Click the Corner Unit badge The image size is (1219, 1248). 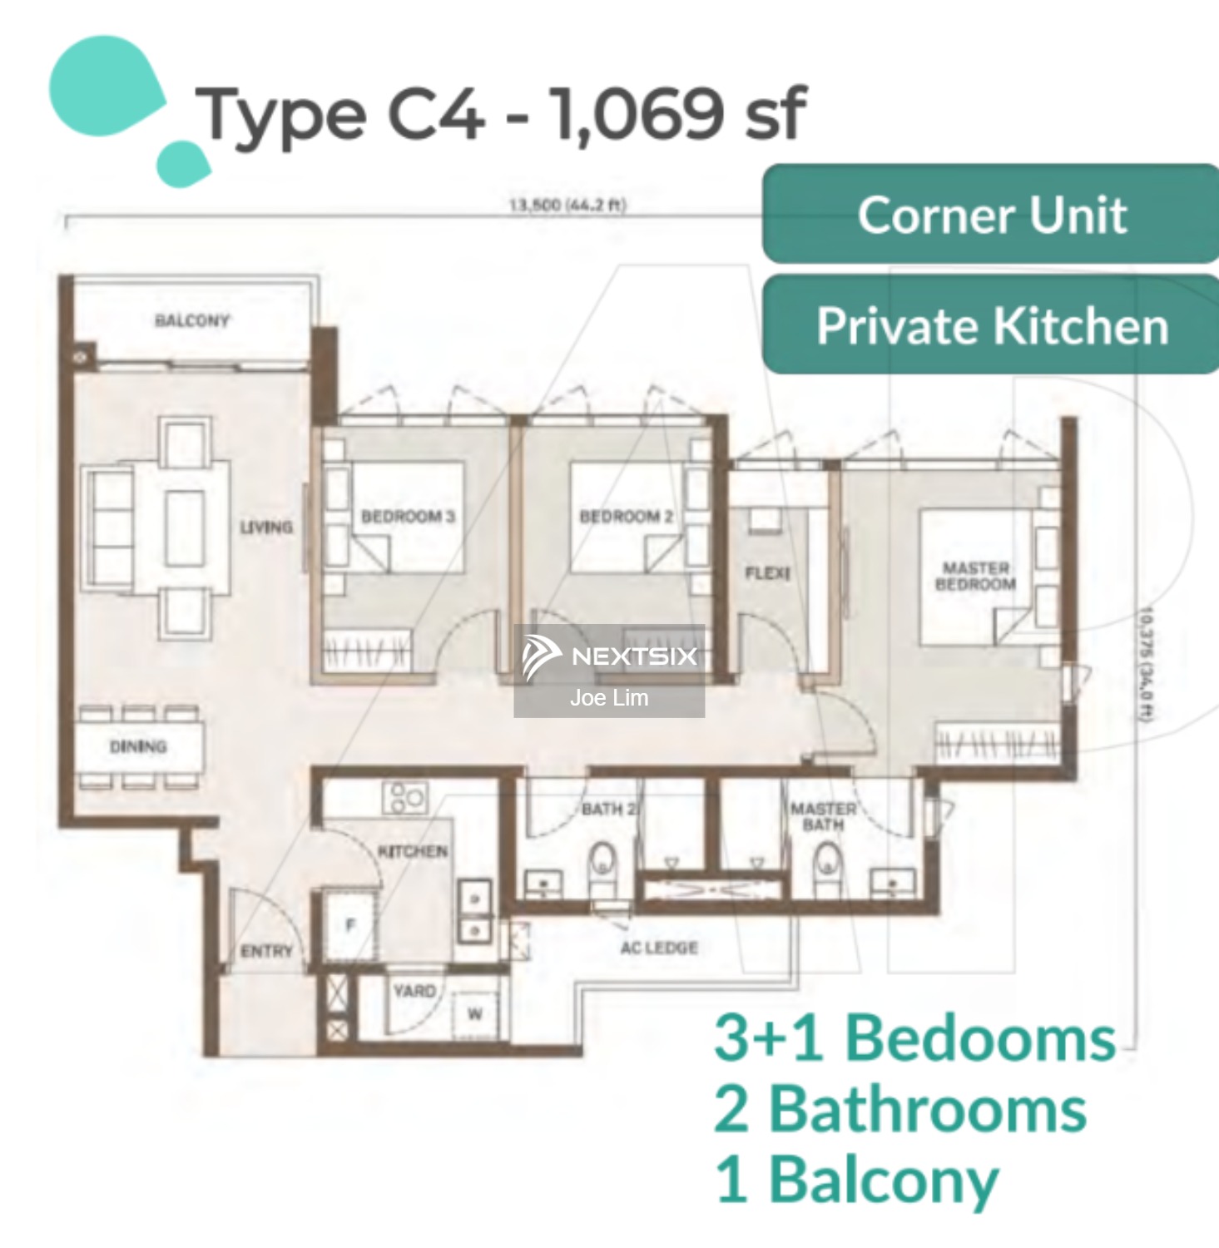point(990,215)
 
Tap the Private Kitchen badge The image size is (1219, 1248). point(990,325)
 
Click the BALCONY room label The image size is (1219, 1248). point(192,320)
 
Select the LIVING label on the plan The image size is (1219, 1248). point(266,527)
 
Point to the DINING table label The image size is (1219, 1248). point(138,746)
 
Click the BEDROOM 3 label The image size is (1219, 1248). point(408,517)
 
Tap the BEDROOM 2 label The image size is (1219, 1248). point(626,517)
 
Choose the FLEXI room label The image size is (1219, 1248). point(767,573)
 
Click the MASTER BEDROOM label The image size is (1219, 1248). point(975,576)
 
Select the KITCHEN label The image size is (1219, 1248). point(413,851)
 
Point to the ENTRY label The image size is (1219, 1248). point(266,951)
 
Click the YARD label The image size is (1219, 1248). point(414,991)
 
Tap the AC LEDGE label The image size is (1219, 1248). point(659,948)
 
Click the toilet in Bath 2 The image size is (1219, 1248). point(602,862)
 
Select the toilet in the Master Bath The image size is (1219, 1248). point(827,862)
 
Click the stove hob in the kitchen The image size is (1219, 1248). point(404,796)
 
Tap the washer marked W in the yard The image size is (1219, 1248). point(474,1013)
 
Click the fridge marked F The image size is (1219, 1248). point(350,924)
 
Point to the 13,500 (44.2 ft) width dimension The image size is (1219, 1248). point(567,205)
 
